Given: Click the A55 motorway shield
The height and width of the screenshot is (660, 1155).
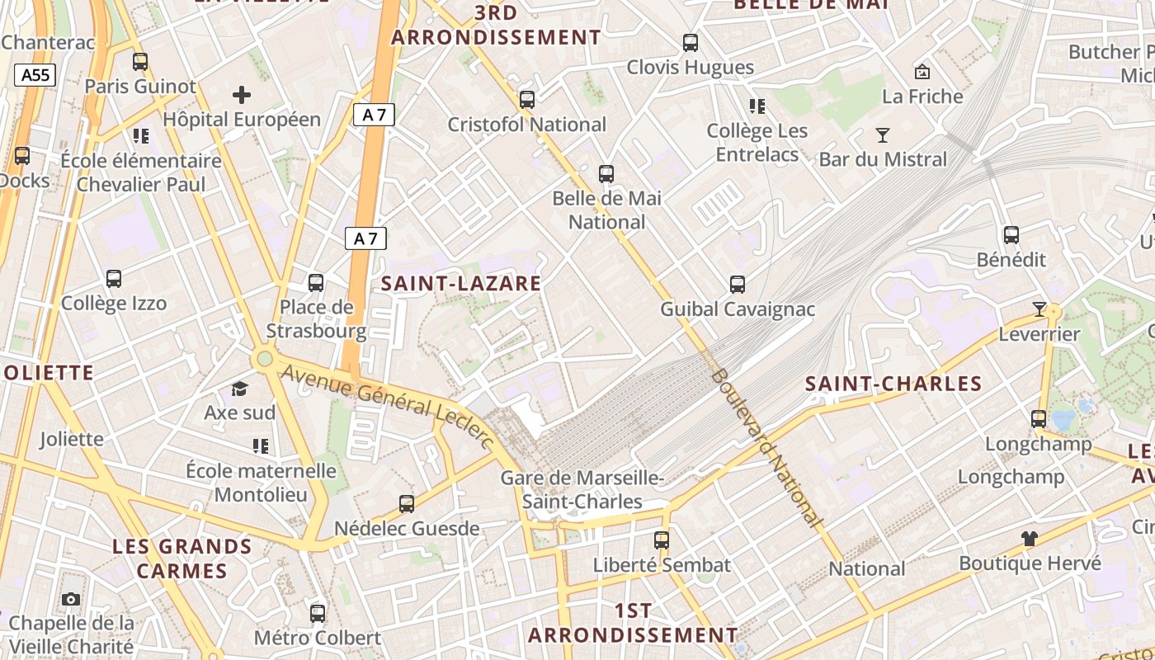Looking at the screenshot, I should (35, 75).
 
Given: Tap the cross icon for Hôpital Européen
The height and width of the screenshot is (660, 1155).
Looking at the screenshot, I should (242, 95).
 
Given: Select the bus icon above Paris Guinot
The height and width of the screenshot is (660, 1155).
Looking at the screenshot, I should (140, 61).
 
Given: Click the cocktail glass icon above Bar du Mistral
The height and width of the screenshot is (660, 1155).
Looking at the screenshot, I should (883, 134).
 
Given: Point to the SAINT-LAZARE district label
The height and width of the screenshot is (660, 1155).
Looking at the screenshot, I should (461, 284).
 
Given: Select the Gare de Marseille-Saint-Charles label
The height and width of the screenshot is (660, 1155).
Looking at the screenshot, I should (582, 490).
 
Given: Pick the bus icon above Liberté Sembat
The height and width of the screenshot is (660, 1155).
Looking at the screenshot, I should (662, 540).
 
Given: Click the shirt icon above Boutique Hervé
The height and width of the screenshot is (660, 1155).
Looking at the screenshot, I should (1030, 539).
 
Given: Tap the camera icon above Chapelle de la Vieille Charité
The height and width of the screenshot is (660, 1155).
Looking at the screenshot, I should (71, 599).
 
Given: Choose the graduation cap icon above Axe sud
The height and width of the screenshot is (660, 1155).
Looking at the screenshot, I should (239, 388).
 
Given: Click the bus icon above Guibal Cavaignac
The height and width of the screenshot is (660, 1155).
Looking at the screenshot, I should (738, 285).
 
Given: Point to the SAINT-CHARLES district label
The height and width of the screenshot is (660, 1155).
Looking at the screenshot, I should (893, 384).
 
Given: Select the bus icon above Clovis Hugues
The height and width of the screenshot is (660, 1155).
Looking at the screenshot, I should (691, 42).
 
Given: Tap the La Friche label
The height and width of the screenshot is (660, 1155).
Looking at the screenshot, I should (922, 97).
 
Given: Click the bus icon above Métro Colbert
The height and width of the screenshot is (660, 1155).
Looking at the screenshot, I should (318, 613).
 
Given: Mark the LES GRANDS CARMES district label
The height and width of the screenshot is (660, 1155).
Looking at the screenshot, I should (182, 559).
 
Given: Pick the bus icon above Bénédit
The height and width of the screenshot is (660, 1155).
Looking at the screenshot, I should (1011, 235).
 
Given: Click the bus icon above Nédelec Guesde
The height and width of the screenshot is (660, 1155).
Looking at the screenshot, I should (407, 503).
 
